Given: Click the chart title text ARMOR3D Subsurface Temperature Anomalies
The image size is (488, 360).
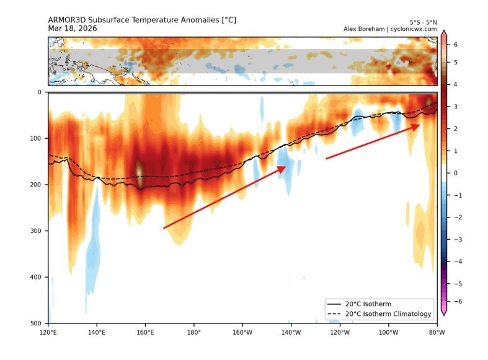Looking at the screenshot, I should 142,20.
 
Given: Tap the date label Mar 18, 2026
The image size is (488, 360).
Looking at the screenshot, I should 73,29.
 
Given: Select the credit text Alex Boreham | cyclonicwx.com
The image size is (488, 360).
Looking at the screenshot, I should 390,29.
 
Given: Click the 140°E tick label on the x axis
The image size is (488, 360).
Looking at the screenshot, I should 97,331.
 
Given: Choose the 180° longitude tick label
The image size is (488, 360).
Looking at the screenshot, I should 193,331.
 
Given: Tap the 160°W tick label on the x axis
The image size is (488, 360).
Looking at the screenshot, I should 242,331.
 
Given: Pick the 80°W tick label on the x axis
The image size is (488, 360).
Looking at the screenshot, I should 437,331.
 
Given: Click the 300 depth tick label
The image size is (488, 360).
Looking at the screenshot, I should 35,231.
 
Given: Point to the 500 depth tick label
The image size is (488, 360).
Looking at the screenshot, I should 35,323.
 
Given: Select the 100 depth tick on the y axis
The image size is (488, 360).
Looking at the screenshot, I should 35,139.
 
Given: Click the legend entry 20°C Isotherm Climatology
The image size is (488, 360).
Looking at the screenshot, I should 379,314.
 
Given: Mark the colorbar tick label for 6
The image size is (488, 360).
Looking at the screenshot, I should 456,45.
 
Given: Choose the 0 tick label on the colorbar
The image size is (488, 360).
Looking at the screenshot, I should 456,173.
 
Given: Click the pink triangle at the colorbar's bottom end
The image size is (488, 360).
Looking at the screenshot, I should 444,312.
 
